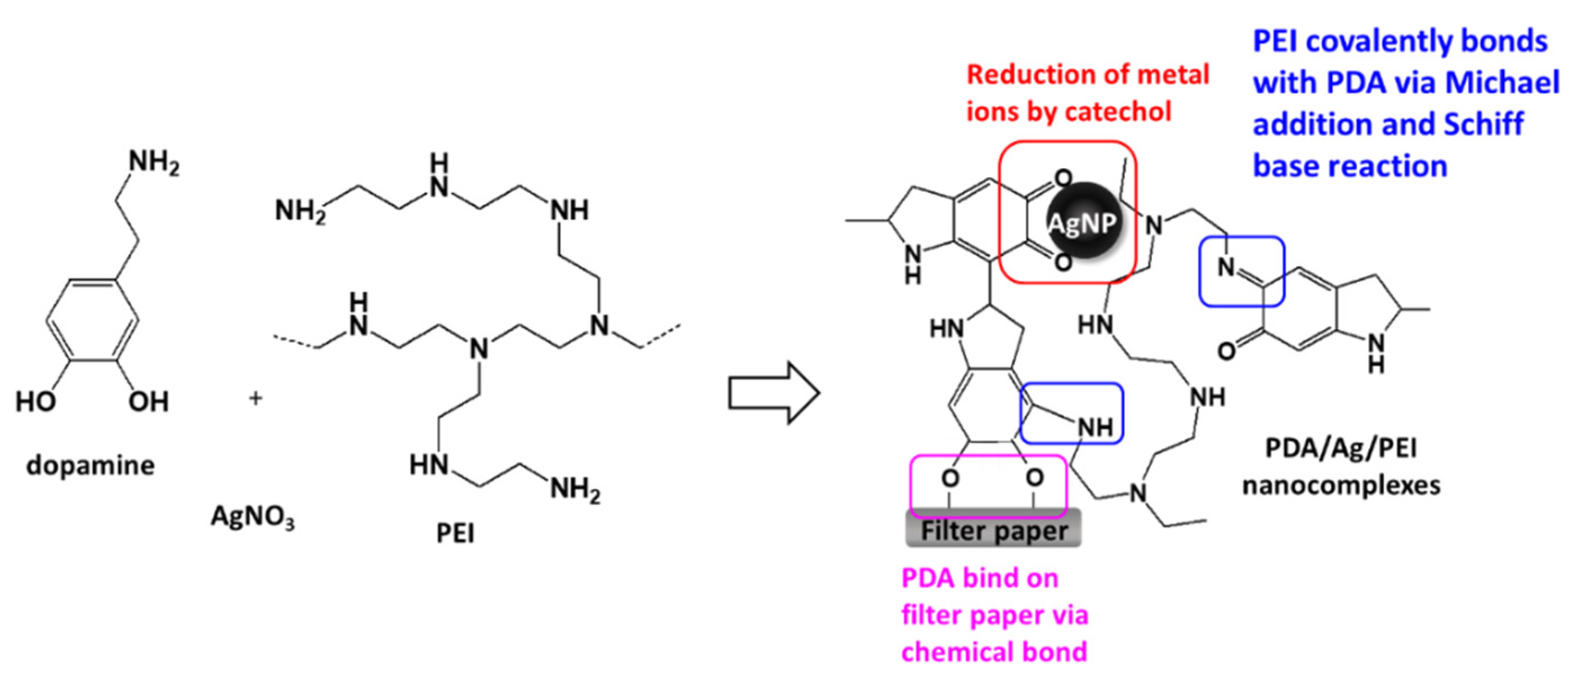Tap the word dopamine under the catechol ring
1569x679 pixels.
click(x=91, y=465)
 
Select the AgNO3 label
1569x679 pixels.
click(x=252, y=517)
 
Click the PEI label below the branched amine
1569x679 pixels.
click(x=455, y=533)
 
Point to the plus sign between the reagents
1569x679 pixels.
click(x=256, y=398)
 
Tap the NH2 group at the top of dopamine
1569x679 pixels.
click(x=154, y=163)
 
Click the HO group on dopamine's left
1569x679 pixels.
click(x=35, y=401)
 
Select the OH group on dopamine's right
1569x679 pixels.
click(x=148, y=401)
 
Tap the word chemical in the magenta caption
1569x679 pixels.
click(x=954, y=651)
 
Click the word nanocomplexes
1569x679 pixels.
click(x=1341, y=485)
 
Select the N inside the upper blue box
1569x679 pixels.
click(x=1226, y=267)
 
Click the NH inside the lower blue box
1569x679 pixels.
click(x=1095, y=428)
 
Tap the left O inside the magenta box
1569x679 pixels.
click(x=949, y=478)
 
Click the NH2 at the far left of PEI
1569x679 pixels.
click(x=299, y=212)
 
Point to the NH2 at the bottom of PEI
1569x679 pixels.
click(x=575, y=488)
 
